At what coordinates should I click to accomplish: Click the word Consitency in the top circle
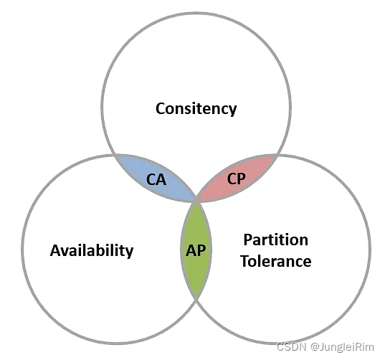tap(196, 108)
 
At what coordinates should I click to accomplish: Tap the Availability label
tap(92, 251)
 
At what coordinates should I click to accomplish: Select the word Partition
tap(276, 240)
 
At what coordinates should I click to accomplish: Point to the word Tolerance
tap(276, 261)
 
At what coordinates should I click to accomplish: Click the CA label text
tap(156, 179)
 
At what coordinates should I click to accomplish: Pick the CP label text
tap(236, 179)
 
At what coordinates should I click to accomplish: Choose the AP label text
tap(196, 250)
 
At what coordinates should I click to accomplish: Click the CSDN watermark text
tap(292, 347)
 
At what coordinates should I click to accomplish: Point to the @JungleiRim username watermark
tap(342, 347)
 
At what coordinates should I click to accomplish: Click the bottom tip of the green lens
tap(196, 299)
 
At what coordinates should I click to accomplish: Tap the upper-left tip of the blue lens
tap(115, 155)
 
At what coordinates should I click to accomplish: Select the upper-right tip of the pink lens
tap(277, 155)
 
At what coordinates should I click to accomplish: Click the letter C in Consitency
tap(161, 108)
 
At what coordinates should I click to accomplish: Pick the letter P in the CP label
tap(242, 179)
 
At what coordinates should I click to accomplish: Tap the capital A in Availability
tap(55, 250)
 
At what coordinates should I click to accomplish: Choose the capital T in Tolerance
tap(246, 261)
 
